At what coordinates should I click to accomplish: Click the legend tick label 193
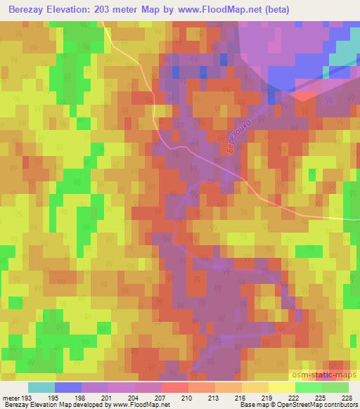pyautogui.click(x=27, y=398)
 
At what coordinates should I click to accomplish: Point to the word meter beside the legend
pyautogui.click(x=10, y=398)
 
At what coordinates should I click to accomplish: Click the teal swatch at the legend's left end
pyautogui.click(x=41, y=388)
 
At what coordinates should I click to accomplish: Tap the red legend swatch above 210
pyautogui.click(x=174, y=388)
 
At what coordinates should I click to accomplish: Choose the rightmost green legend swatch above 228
pyautogui.click(x=335, y=388)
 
